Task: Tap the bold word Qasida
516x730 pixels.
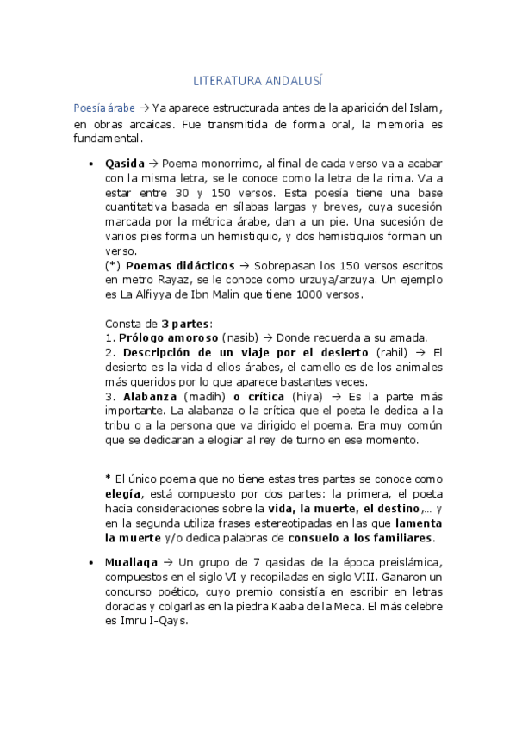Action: pyautogui.click(x=124, y=162)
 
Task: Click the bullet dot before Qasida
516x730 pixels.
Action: pyautogui.click(x=91, y=163)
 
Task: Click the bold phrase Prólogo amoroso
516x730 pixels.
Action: pyautogui.click(x=168, y=337)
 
